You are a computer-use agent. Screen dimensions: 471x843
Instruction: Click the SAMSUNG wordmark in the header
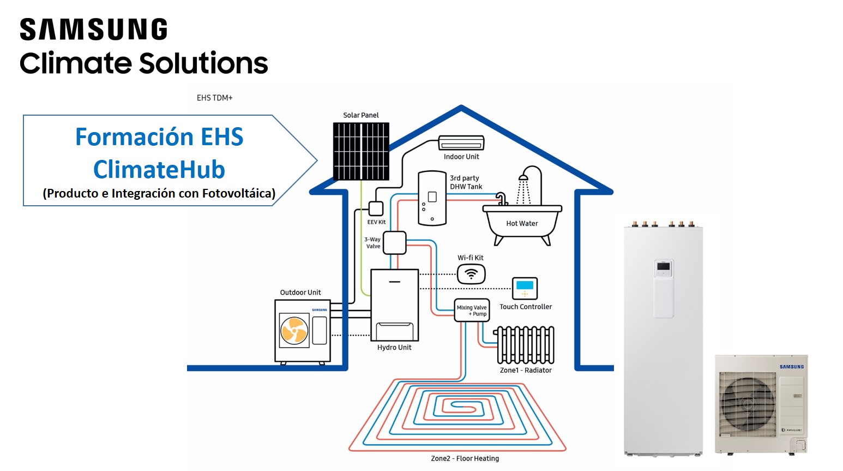pyautogui.click(x=93, y=29)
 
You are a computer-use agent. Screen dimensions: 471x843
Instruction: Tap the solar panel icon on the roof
pyautogui.click(x=361, y=151)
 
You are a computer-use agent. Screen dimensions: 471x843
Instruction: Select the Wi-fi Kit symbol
pyautogui.click(x=471, y=273)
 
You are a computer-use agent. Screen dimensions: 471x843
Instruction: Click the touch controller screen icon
pyautogui.click(x=525, y=288)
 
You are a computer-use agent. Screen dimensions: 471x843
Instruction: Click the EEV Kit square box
pyautogui.click(x=376, y=208)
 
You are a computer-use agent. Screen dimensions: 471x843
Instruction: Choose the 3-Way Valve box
pyautogui.click(x=394, y=243)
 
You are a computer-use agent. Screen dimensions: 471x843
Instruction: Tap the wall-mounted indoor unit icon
pyautogui.click(x=461, y=143)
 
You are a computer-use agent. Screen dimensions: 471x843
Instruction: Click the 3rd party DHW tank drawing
pyautogui.click(x=432, y=198)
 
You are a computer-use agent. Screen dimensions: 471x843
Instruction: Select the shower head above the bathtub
pyautogui.click(x=523, y=177)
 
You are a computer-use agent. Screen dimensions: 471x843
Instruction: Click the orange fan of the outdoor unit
pyautogui.click(x=294, y=331)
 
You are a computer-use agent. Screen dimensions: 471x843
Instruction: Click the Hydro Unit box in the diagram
pyautogui.click(x=394, y=305)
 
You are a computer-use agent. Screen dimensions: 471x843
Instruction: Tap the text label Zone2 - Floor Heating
pyautogui.click(x=465, y=458)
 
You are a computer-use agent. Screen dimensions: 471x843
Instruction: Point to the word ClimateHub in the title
pyautogui.click(x=159, y=170)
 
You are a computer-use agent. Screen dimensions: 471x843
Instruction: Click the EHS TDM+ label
pyautogui.click(x=214, y=98)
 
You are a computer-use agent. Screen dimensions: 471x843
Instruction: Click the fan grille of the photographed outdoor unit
pyautogui.click(x=747, y=404)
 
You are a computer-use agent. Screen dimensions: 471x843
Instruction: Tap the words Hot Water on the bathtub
pyautogui.click(x=522, y=223)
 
